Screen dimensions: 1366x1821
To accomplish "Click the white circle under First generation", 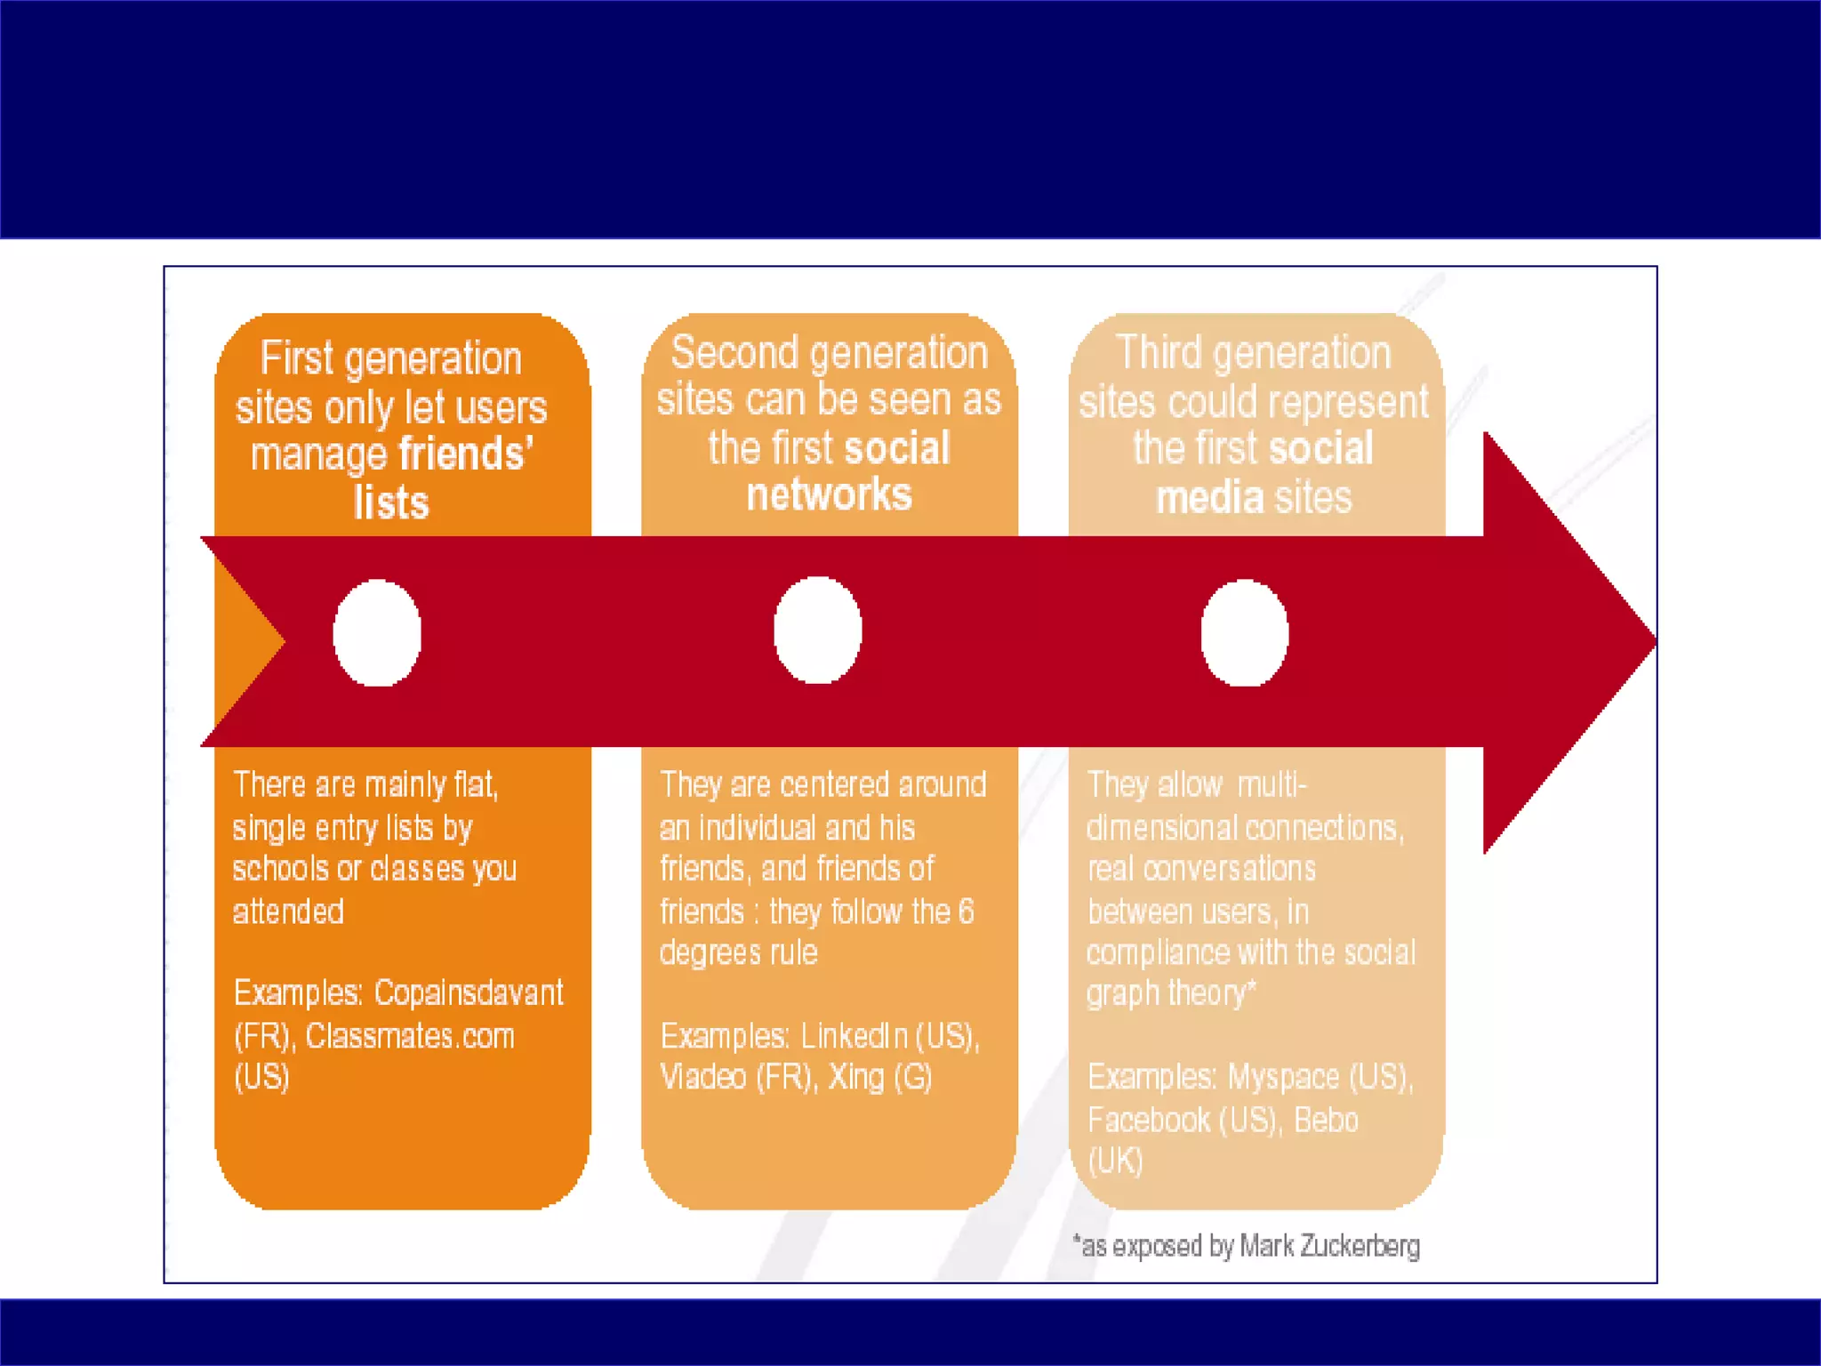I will point(377,632).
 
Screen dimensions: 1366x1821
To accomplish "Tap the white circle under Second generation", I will point(817,630).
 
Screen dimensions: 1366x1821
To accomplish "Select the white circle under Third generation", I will point(1244,632).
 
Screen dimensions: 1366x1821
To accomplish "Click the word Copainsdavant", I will point(469,992).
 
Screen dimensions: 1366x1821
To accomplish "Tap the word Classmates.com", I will point(410,1036).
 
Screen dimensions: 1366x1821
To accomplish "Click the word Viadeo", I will point(702,1077).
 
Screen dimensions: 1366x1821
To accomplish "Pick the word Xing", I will point(856,1077).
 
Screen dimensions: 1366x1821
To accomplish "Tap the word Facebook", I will point(1148,1120).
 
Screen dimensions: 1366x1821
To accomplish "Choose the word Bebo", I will point(1326,1120).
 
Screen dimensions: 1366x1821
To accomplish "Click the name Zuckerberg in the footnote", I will point(1360,1246).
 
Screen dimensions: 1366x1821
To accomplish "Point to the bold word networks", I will point(829,494).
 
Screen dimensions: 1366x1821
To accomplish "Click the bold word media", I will point(1209,497).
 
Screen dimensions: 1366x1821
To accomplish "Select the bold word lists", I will point(391,502).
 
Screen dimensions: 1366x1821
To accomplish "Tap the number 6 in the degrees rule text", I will point(966,912).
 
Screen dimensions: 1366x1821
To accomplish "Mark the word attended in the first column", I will point(288,912).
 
